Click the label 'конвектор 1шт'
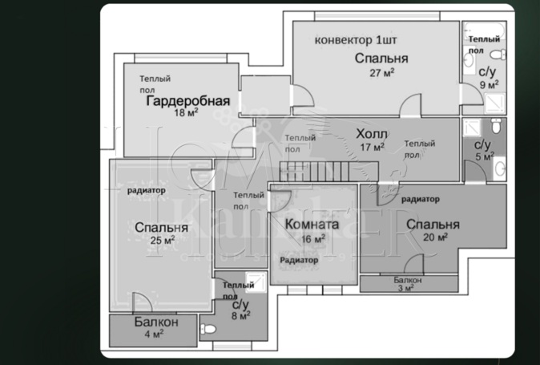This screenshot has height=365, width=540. (x=356, y=39)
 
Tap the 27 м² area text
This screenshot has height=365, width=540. (x=381, y=72)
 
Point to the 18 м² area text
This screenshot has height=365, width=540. (x=186, y=113)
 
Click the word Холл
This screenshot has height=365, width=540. (x=372, y=133)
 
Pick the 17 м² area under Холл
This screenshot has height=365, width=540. (x=373, y=147)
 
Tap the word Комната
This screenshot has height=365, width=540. (x=312, y=225)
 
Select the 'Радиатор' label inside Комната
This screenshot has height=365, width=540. (x=299, y=260)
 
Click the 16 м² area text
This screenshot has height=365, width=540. (x=312, y=239)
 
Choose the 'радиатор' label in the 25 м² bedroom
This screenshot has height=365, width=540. (x=146, y=190)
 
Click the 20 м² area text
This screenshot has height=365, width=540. (x=433, y=237)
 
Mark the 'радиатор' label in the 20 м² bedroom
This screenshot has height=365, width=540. (x=421, y=198)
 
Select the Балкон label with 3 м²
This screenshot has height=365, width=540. (x=408, y=280)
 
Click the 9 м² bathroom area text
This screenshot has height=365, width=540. (x=489, y=83)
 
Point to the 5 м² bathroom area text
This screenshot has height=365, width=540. (x=482, y=156)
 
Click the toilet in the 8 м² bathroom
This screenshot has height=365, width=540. (x=208, y=329)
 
